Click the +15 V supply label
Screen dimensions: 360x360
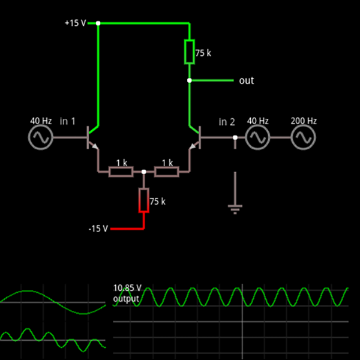75,23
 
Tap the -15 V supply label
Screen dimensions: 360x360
98,229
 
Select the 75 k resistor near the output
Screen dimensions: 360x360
189,52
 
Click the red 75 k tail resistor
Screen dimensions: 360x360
143,200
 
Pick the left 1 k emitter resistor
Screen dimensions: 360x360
121,172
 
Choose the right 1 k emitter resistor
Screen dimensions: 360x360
166,172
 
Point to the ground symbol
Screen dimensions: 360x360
235,208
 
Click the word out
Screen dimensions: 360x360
246,80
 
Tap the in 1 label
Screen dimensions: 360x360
68,121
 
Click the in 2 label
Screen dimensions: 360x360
226,122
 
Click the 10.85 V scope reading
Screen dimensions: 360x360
127,288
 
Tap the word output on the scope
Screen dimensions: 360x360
126,298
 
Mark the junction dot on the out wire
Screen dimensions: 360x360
189,80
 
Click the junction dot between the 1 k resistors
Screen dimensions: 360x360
143,172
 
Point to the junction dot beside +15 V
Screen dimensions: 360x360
98,23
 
